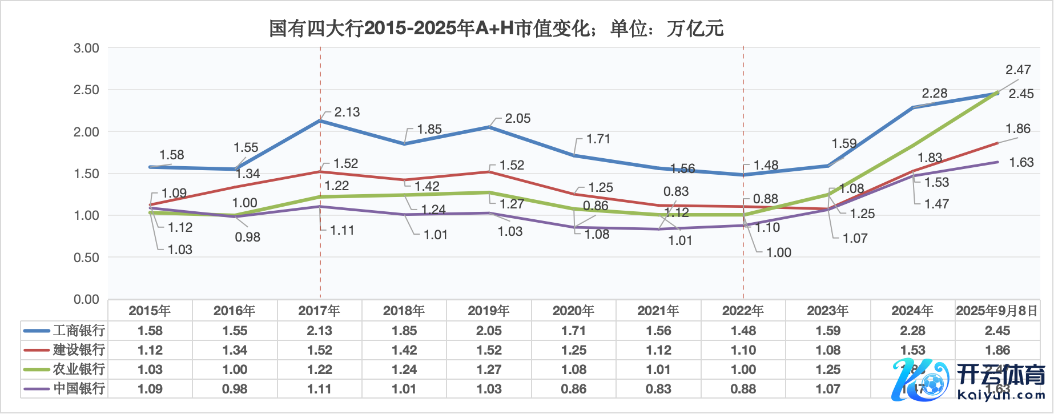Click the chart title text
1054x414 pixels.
[496, 28]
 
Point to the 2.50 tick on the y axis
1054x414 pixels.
[86, 90]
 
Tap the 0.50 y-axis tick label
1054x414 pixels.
[86, 258]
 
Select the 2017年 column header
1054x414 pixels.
[319, 311]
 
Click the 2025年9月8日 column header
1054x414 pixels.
[997, 311]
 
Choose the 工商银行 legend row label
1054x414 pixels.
[79, 331]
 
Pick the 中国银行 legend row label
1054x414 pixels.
[79, 389]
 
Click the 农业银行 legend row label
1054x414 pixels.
[79, 369]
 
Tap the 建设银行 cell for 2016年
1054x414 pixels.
[235, 350]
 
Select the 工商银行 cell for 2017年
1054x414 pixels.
[319, 331]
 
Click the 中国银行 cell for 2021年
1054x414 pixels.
[658, 389]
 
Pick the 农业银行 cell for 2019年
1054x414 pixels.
[489, 369]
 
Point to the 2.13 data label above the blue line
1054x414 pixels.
[347, 112]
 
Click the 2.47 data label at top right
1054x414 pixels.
[1018, 70]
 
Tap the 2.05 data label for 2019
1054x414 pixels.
[518, 118]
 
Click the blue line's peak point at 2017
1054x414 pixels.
[320, 120]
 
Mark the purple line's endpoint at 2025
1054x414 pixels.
[997, 162]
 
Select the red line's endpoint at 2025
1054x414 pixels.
[997, 143]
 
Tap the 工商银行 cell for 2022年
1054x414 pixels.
[743, 331]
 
